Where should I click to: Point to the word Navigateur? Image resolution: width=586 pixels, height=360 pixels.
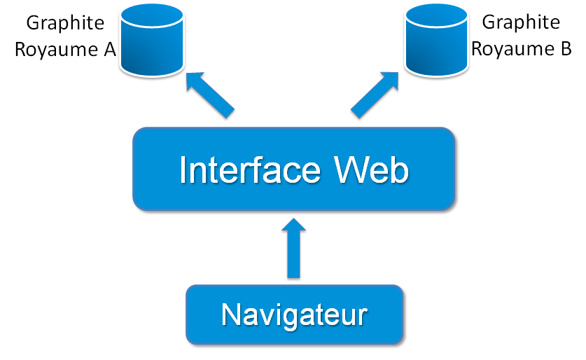click(294, 314)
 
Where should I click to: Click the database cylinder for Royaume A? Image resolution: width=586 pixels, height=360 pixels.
click(151, 42)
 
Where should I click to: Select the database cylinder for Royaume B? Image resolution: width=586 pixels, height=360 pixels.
click(437, 42)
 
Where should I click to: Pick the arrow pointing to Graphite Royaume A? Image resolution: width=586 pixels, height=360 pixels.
click(210, 94)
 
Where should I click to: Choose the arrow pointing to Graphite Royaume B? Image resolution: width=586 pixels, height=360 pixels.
click(375, 94)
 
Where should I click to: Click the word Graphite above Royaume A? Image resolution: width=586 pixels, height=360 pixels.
click(65, 22)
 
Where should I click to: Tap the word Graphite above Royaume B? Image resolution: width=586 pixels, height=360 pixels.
click(521, 22)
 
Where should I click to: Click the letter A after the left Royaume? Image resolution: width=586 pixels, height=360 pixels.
click(109, 49)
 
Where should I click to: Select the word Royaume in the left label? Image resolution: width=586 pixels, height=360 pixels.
click(55, 49)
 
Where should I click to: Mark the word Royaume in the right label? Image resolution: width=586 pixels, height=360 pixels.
click(512, 49)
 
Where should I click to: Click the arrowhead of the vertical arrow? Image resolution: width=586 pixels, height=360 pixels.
click(294, 228)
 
